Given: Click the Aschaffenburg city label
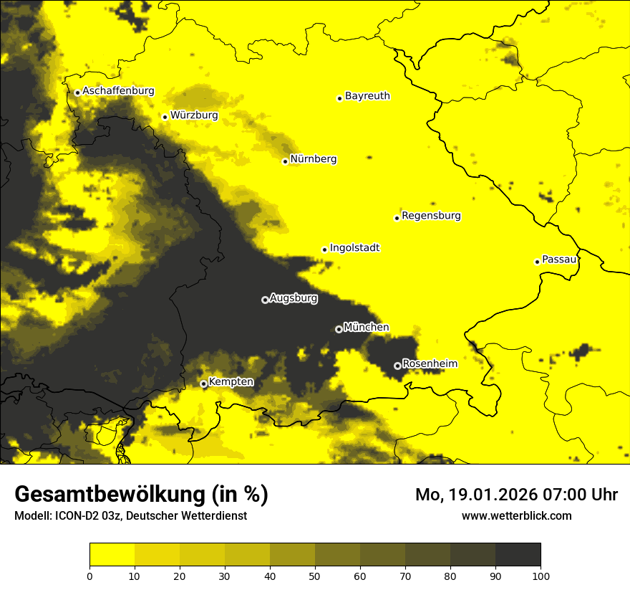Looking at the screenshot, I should pos(118,91).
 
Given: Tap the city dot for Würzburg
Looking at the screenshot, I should pos(165,117).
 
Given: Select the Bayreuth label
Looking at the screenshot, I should pos(367,95).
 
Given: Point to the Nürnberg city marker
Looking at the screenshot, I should pos(285,161).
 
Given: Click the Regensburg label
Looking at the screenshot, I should pos(431,216).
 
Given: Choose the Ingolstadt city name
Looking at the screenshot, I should pos(354,248).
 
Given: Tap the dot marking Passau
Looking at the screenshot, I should pos(537,262).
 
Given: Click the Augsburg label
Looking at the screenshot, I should pos(293,298).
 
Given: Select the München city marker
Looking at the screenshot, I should pos(339,329).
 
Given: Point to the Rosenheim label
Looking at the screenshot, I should pos(430,364).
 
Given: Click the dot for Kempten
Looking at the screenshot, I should pos(203,384).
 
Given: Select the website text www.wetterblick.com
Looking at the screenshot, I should pos(516,515).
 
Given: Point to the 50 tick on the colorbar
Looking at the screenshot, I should pos(315,576).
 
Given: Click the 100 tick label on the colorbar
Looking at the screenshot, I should pos(541,576).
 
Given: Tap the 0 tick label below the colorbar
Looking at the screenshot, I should pos(89,576).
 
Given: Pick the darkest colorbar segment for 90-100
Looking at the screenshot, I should pos(518,555).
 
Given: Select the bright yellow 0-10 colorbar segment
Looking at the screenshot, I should pos(112,555).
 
